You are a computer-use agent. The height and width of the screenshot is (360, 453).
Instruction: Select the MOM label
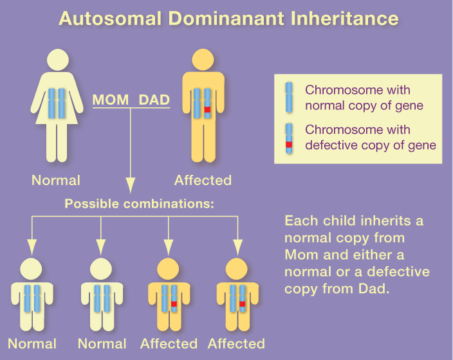pos(112,100)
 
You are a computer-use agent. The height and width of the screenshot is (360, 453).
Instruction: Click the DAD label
pos(154,100)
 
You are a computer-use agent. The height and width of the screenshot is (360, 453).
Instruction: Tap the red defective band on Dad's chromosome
pos(207,110)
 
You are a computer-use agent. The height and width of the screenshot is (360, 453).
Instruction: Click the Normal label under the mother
pos(56,180)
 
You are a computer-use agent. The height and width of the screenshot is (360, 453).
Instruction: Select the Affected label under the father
pos(203,180)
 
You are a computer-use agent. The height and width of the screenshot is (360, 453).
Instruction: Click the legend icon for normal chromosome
pos(289,97)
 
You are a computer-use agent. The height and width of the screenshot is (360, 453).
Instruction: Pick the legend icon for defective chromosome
pos(289,138)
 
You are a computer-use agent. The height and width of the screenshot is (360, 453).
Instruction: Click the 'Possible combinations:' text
pos(139,204)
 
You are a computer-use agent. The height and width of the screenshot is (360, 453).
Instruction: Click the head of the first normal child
pos(32,269)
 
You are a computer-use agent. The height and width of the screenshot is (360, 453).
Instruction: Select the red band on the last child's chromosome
pos(242,303)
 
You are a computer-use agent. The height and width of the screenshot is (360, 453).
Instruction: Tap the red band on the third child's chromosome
pos(174,303)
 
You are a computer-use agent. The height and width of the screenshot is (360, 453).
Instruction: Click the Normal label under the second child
pos(102,344)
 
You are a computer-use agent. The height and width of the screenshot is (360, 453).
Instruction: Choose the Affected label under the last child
pos(236,344)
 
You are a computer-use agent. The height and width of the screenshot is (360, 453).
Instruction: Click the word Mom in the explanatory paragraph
pos(300,254)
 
